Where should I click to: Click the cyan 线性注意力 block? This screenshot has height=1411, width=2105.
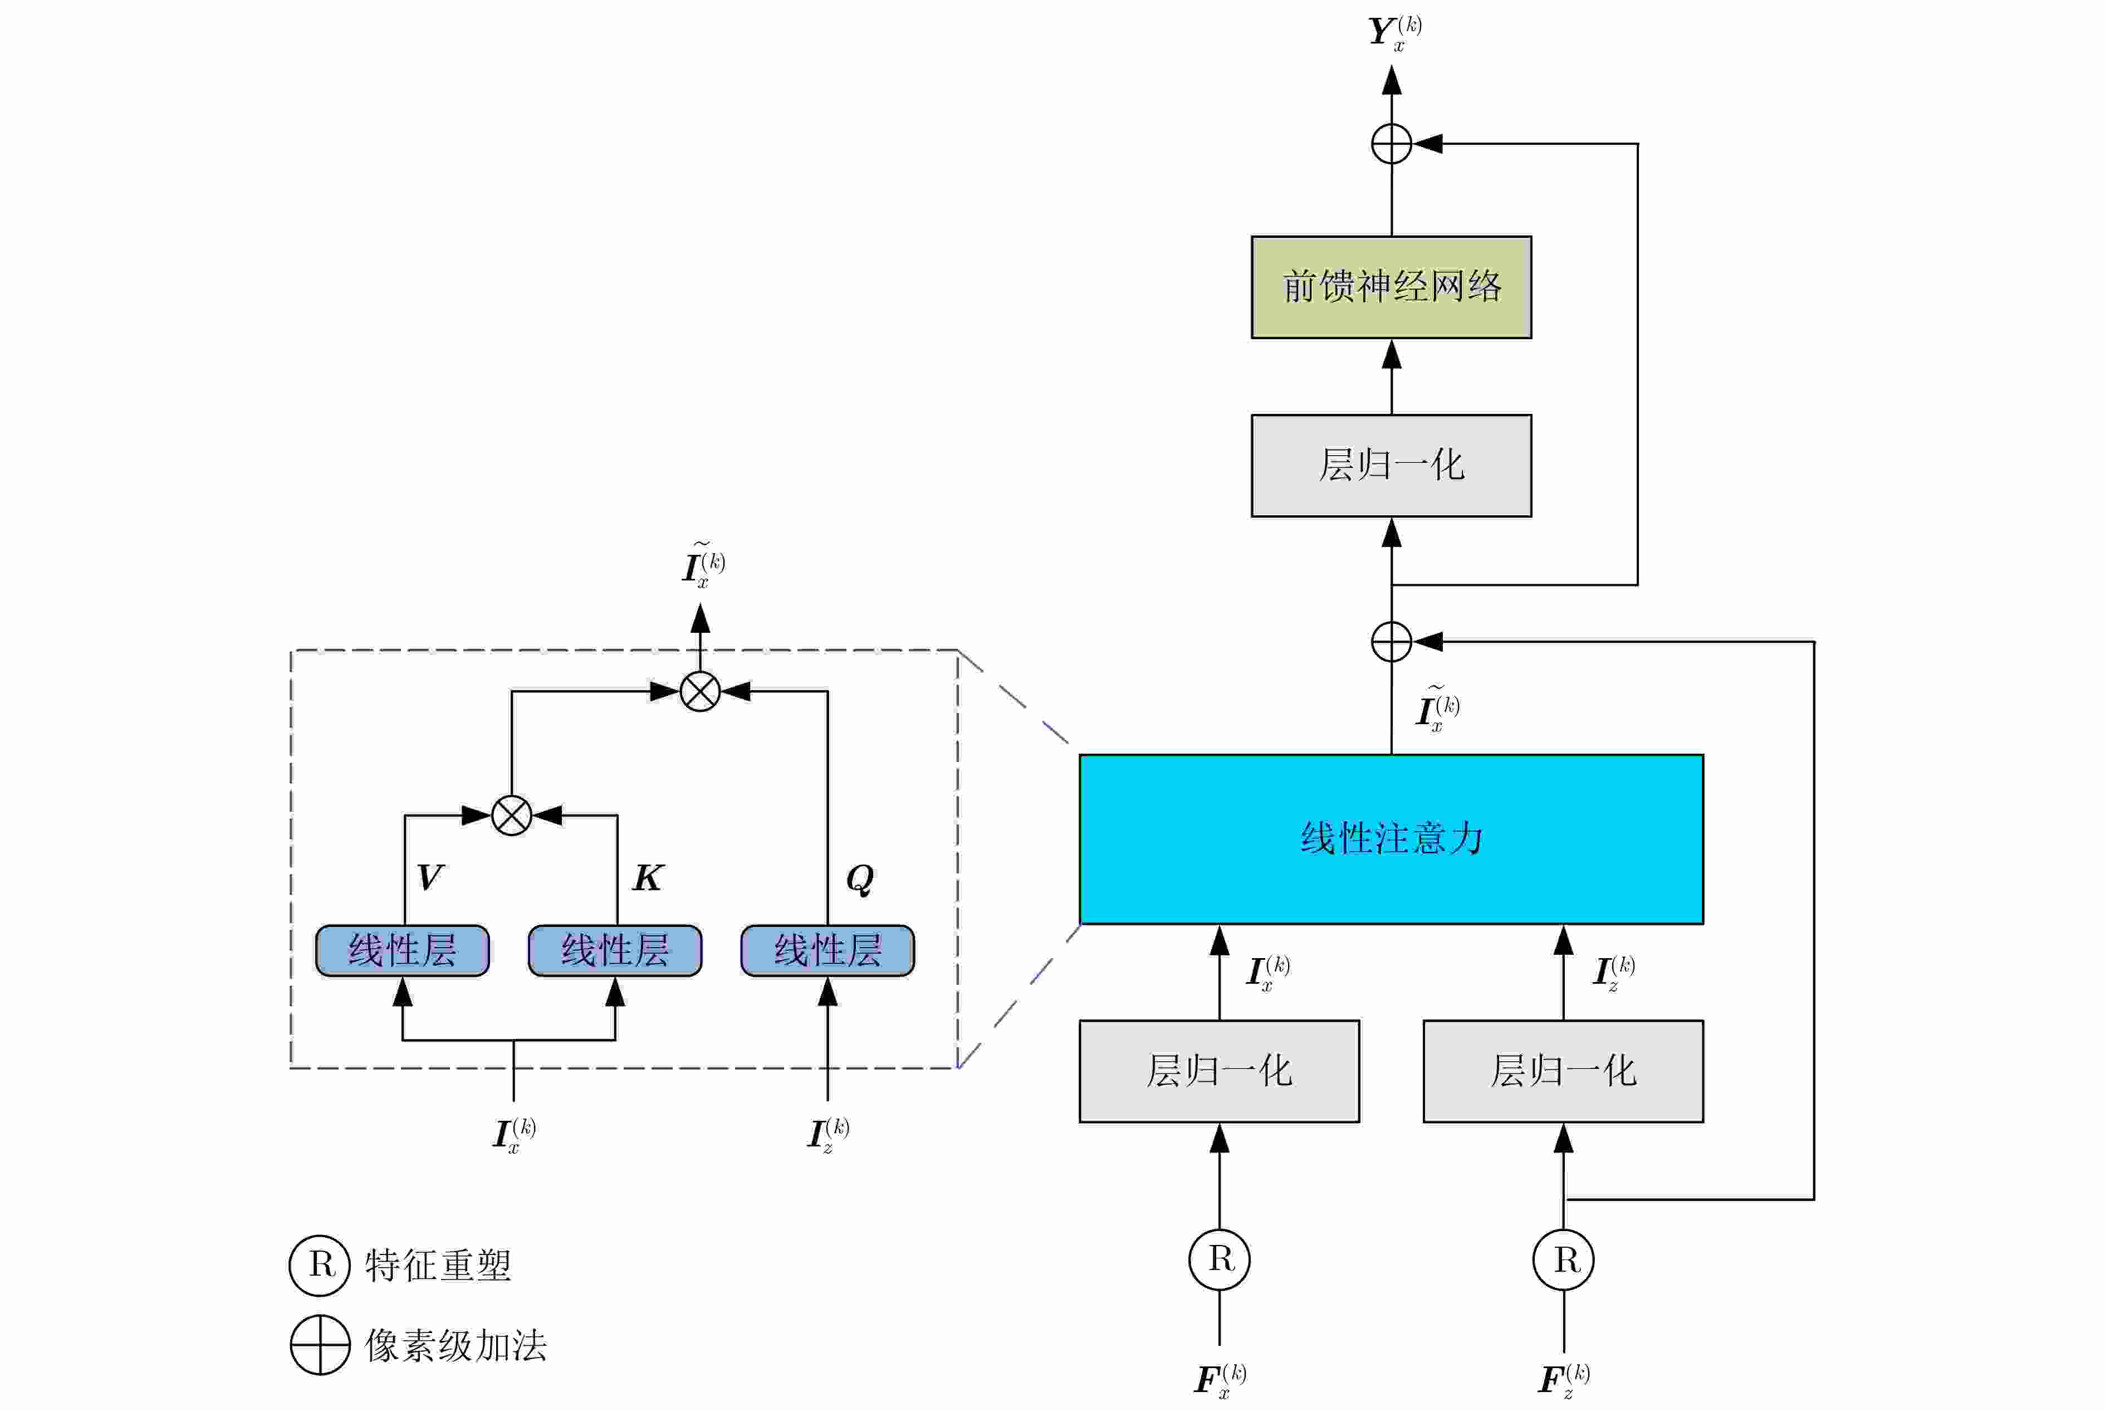coord(1391,839)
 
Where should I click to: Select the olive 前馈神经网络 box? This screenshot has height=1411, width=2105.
coord(1391,287)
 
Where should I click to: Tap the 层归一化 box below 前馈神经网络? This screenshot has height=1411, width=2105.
coord(1391,465)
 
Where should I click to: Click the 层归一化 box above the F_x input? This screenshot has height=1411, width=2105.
coord(1219,1071)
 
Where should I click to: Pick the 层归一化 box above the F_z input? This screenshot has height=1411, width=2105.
coord(1563,1071)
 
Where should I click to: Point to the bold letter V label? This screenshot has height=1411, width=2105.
coord(430,877)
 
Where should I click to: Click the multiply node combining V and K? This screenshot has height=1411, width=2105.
coord(511,816)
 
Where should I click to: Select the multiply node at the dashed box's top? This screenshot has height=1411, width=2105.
coord(700,691)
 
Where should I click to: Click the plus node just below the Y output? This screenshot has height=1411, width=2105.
coord(1391,144)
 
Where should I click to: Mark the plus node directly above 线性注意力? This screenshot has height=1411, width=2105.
coord(1391,642)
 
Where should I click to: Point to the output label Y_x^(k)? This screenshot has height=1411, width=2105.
coord(1393,32)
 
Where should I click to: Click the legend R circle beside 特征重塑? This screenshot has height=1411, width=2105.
coord(319,1265)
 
